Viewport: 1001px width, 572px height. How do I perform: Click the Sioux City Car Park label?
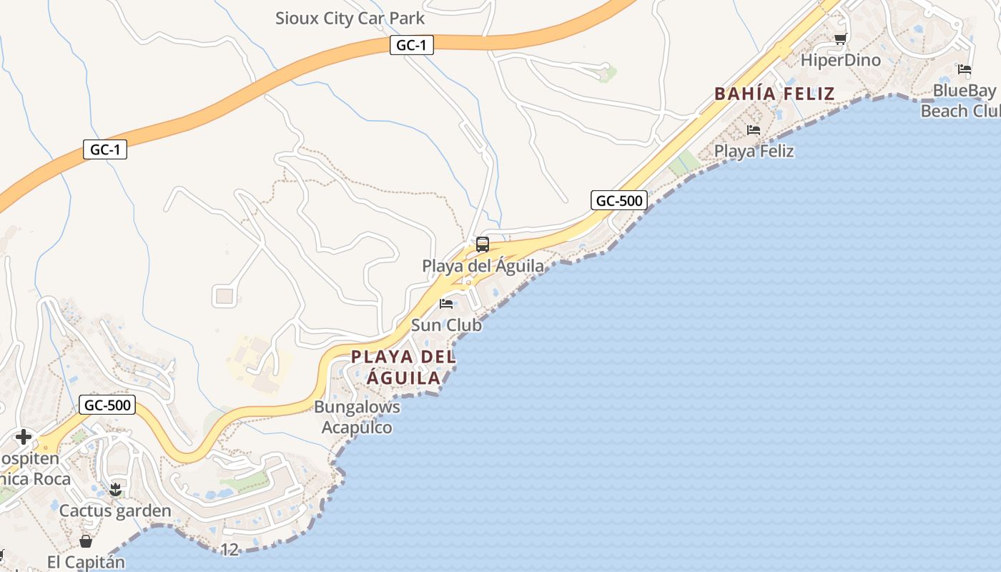pos(350,19)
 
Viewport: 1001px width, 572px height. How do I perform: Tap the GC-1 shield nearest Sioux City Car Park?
pos(412,45)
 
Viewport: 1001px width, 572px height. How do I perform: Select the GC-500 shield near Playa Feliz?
pos(619,201)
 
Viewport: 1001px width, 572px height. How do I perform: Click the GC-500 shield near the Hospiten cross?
pos(107,405)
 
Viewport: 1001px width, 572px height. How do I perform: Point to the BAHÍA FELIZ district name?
pos(774,94)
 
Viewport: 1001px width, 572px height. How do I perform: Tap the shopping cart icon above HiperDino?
pos(840,39)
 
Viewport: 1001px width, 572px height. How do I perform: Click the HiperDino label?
pos(840,60)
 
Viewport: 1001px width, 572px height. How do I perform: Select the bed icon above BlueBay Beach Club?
pos(965,70)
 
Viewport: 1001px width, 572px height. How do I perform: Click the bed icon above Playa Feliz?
pos(754,130)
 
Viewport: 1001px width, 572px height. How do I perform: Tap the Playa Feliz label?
pos(754,152)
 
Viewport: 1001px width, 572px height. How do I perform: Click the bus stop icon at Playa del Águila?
pos(483,245)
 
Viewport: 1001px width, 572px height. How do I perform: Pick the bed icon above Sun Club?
pos(446,304)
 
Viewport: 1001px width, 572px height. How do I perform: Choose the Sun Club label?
pos(446,325)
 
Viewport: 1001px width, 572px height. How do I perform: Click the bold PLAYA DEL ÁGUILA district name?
pos(403,367)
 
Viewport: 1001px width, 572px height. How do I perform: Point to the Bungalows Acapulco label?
pos(357,417)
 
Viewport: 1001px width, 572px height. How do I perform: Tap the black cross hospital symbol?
pos(24,437)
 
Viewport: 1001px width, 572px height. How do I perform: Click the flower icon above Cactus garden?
pos(115,490)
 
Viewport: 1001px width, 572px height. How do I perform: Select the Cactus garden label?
pos(115,511)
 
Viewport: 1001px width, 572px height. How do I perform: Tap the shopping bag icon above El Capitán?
pos(86,541)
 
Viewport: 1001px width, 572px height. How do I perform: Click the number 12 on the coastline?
pos(230,550)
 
